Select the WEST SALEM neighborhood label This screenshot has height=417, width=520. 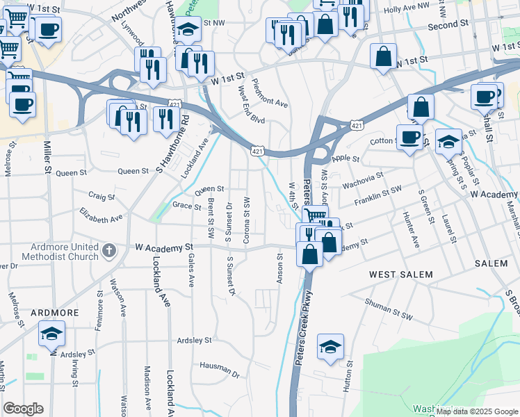400,275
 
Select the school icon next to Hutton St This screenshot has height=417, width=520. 331,347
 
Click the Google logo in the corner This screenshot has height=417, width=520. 23,409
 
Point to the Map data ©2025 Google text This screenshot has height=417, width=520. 477,411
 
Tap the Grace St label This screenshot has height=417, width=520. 186,205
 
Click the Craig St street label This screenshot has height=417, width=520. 101,197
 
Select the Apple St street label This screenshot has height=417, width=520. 345,159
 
